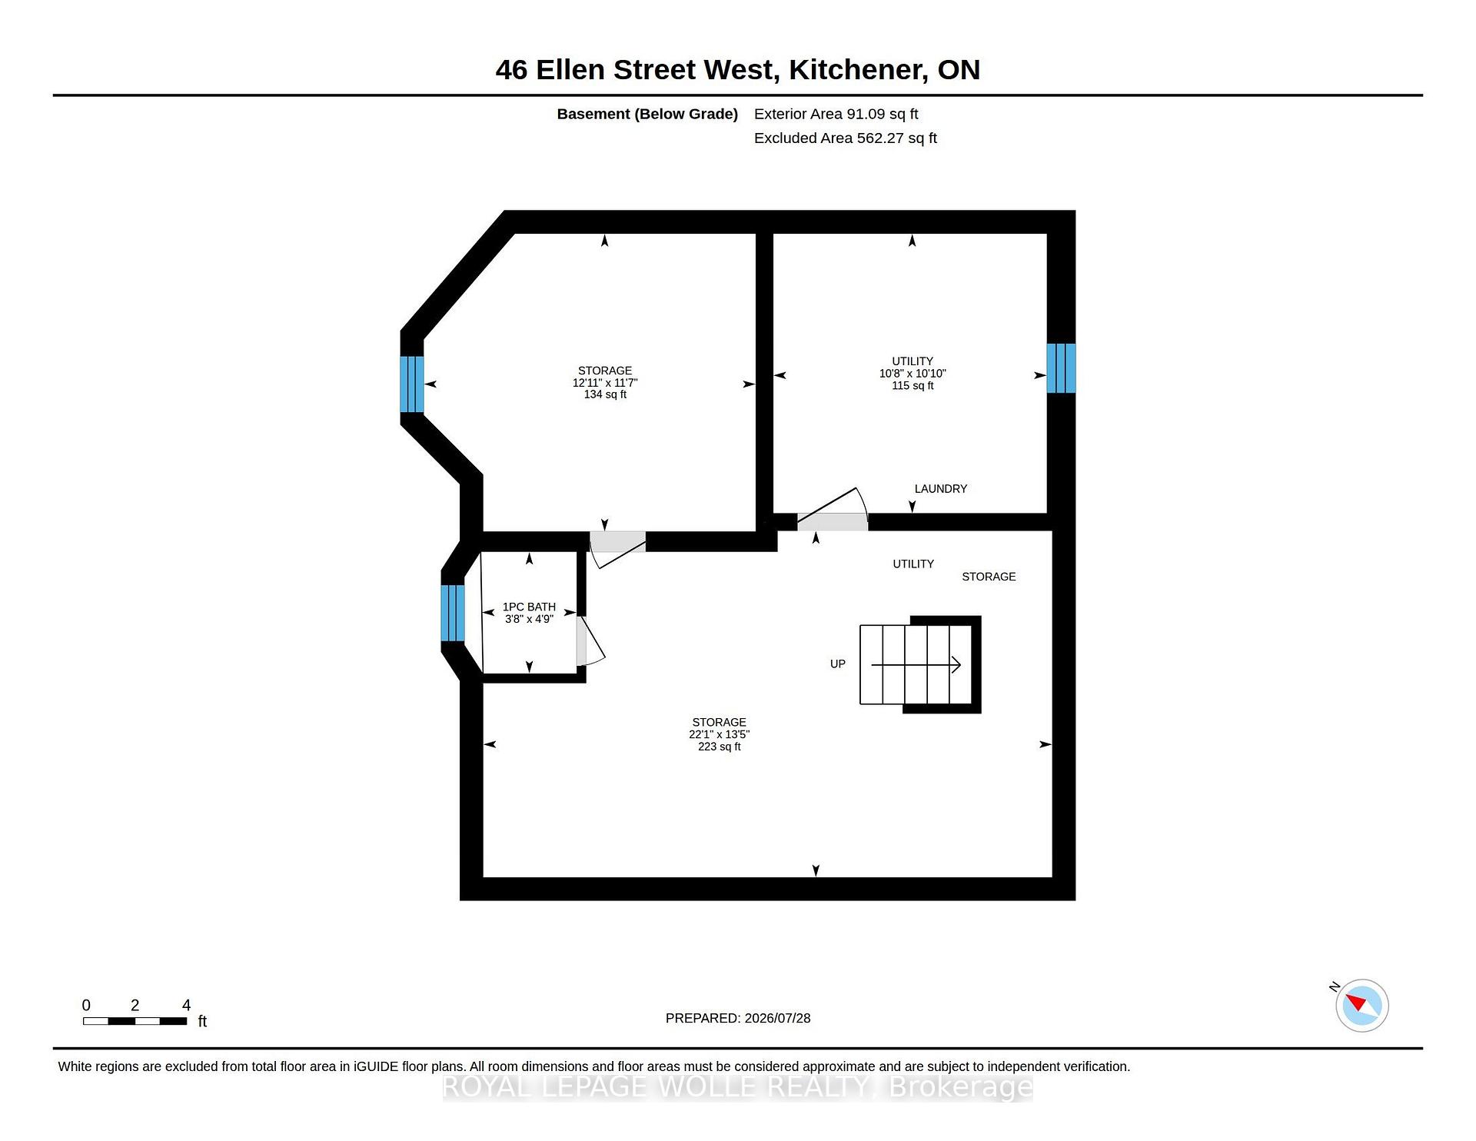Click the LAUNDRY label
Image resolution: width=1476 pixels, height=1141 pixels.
(940, 489)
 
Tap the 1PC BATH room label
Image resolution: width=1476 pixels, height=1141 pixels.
(529, 607)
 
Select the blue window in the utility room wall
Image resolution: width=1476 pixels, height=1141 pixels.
(1061, 368)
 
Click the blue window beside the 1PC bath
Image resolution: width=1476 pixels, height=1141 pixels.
(453, 613)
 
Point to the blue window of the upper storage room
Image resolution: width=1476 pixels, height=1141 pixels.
(412, 384)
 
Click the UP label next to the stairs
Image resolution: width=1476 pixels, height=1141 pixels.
(837, 664)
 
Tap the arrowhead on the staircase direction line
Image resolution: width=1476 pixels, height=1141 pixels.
(957, 664)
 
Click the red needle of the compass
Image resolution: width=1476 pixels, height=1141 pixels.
(1355, 1001)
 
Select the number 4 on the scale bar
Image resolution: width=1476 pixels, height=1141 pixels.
(186, 1005)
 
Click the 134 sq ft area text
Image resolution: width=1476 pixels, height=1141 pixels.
(605, 394)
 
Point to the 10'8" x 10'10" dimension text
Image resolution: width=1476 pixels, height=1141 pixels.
(913, 374)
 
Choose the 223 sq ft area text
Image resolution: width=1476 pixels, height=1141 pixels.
(719, 747)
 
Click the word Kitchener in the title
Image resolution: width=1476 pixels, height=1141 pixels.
(857, 70)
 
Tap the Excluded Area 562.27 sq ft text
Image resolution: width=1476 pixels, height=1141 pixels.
(846, 138)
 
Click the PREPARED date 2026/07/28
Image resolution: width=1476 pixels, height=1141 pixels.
(777, 1018)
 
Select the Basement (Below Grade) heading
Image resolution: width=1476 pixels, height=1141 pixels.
(647, 114)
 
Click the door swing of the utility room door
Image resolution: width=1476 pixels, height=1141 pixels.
(833, 508)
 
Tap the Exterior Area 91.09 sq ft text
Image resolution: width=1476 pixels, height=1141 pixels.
(836, 114)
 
